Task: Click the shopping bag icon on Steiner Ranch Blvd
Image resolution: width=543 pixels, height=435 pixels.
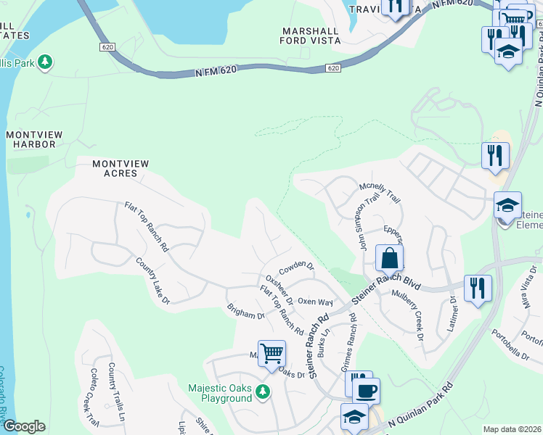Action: coord(389,258)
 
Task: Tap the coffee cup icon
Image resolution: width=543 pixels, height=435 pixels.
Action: coord(367,391)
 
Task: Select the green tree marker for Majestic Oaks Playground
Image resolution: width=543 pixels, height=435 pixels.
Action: coord(262,392)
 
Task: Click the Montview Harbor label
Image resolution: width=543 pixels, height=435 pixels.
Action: coord(30,139)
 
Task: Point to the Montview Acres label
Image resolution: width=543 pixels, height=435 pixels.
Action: coord(121,169)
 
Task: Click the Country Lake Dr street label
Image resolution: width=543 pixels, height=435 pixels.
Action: coord(152,280)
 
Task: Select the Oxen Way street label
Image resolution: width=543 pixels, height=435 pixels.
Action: coord(315,302)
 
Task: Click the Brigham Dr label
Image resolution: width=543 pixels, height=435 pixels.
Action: coord(245,315)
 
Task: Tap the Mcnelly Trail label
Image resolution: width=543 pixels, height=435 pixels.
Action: coord(380,192)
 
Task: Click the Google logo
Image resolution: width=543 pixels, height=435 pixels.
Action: coord(24,426)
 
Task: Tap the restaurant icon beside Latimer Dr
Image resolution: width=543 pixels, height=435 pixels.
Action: coord(478,288)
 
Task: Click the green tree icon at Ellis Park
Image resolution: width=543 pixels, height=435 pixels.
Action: coord(45,62)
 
